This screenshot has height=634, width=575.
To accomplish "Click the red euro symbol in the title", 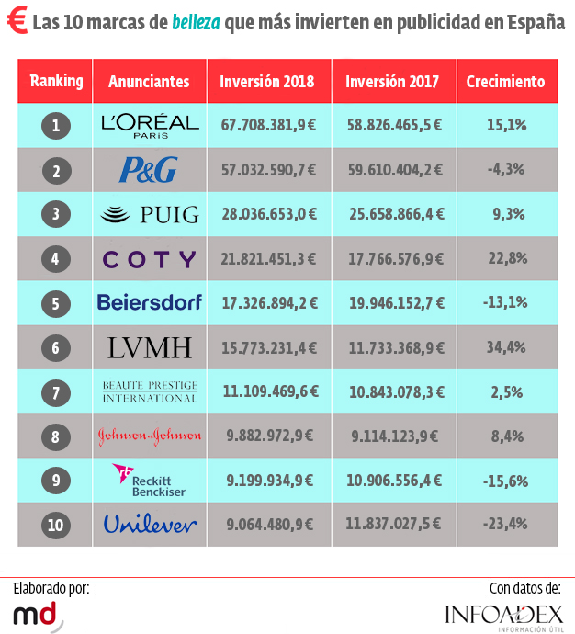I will coord(16,23).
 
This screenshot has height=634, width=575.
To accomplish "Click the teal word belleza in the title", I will coord(196,23).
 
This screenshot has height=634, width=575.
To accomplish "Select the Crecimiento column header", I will coord(505,82).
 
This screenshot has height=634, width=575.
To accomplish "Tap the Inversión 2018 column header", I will coord(266,82).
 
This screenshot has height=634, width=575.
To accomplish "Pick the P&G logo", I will coord(149,170).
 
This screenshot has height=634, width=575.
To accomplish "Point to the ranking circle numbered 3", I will coord(56,215).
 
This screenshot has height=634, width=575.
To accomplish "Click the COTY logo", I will coord(149,259).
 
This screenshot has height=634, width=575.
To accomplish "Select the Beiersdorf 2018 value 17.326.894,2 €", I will coord(268,303).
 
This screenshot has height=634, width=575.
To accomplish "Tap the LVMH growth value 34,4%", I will coord(506,348).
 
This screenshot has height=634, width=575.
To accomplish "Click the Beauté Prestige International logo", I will coord(149,391).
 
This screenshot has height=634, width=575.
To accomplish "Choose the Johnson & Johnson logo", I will coord(149,436).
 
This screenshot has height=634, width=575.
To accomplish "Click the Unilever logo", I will coord(149,525).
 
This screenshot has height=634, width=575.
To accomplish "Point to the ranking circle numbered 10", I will coord(56,526).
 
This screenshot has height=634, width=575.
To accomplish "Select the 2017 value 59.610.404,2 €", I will coord(394,170).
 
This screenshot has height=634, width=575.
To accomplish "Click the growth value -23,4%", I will coord(506,525).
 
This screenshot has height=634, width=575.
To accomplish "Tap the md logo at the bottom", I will coord(37,613).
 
